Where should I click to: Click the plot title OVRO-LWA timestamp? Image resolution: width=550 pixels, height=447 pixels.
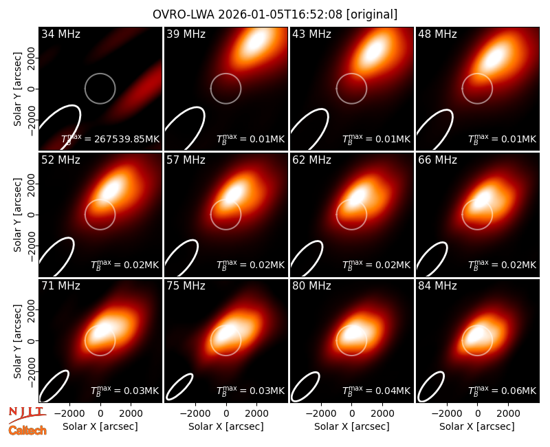274,14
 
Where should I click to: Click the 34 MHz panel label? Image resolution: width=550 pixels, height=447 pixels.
60,34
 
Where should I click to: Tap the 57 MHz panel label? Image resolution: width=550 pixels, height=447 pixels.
186,160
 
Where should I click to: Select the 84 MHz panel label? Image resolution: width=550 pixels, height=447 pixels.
437,286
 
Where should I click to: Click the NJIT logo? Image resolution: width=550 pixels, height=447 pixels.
27,414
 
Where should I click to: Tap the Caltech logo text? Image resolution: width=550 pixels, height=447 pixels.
27,430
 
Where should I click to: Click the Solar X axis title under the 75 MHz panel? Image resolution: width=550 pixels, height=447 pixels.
226,426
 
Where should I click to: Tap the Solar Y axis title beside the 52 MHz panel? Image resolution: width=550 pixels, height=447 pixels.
18,215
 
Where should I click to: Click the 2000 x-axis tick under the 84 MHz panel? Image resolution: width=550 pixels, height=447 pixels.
508,413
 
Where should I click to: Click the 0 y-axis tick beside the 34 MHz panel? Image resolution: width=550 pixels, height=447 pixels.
32,89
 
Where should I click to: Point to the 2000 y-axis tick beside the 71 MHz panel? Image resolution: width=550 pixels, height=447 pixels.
32,310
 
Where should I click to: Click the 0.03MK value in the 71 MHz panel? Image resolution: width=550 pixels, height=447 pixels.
125,391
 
